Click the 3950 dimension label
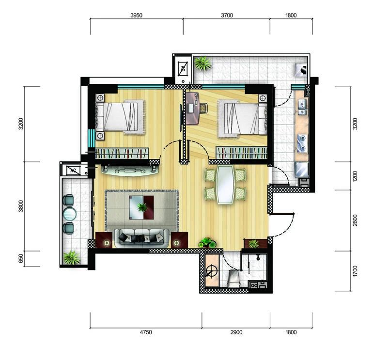(136, 16)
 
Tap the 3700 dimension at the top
(227, 16)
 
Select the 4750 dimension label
(146, 332)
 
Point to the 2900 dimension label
(236, 332)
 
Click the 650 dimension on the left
(21, 258)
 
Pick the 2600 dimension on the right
(355, 220)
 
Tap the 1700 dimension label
(355, 271)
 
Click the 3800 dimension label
(21, 206)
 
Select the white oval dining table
(225, 185)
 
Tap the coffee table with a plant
(141, 207)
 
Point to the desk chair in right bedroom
(203, 108)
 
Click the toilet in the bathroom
(234, 277)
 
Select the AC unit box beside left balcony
(73, 171)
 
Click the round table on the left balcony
(70, 214)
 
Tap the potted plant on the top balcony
(203, 63)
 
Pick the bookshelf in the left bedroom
(122, 154)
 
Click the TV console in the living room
(130, 170)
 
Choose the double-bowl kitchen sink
(302, 107)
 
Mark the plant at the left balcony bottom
(72, 257)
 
